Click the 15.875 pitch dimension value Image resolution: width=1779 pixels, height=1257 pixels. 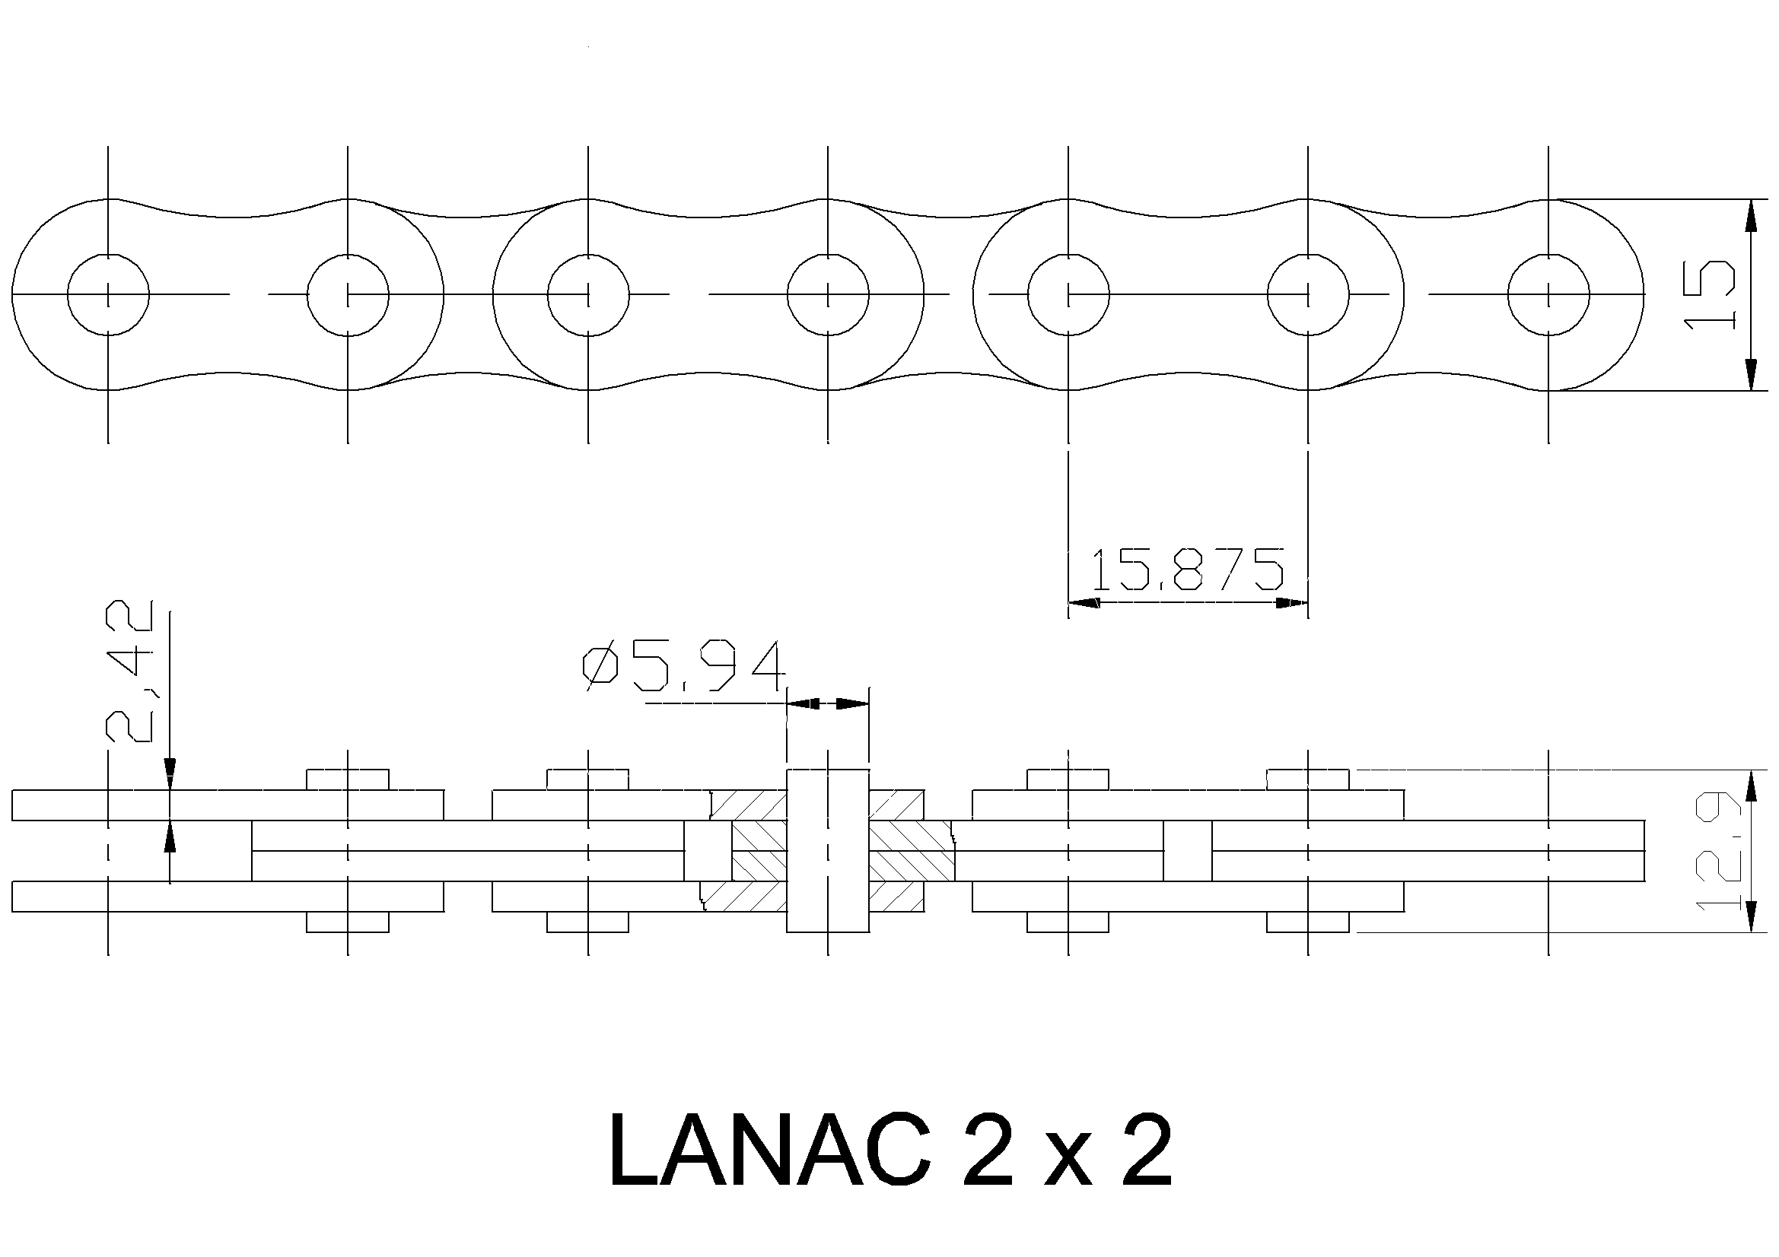[x=1188, y=570]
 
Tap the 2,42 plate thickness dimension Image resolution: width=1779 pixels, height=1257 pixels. [x=129, y=671]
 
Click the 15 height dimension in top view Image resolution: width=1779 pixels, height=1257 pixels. [x=1708, y=294]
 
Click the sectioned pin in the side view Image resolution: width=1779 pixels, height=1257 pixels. [x=828, y=850]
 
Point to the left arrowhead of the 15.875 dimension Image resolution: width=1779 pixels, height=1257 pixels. [x=1084, y=602]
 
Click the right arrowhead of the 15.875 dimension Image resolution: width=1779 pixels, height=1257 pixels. [x=1293, y=602]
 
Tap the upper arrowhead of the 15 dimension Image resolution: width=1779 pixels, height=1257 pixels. [x=1749, y=214]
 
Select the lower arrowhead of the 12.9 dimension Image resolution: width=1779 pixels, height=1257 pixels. [x=1749, y=917]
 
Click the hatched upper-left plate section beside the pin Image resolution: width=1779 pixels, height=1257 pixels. [x=749, y=804]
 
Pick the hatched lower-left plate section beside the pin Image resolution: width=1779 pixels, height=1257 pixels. [x=744, y=896]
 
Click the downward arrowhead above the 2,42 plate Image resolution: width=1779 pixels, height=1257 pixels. [x=170, y=773]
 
